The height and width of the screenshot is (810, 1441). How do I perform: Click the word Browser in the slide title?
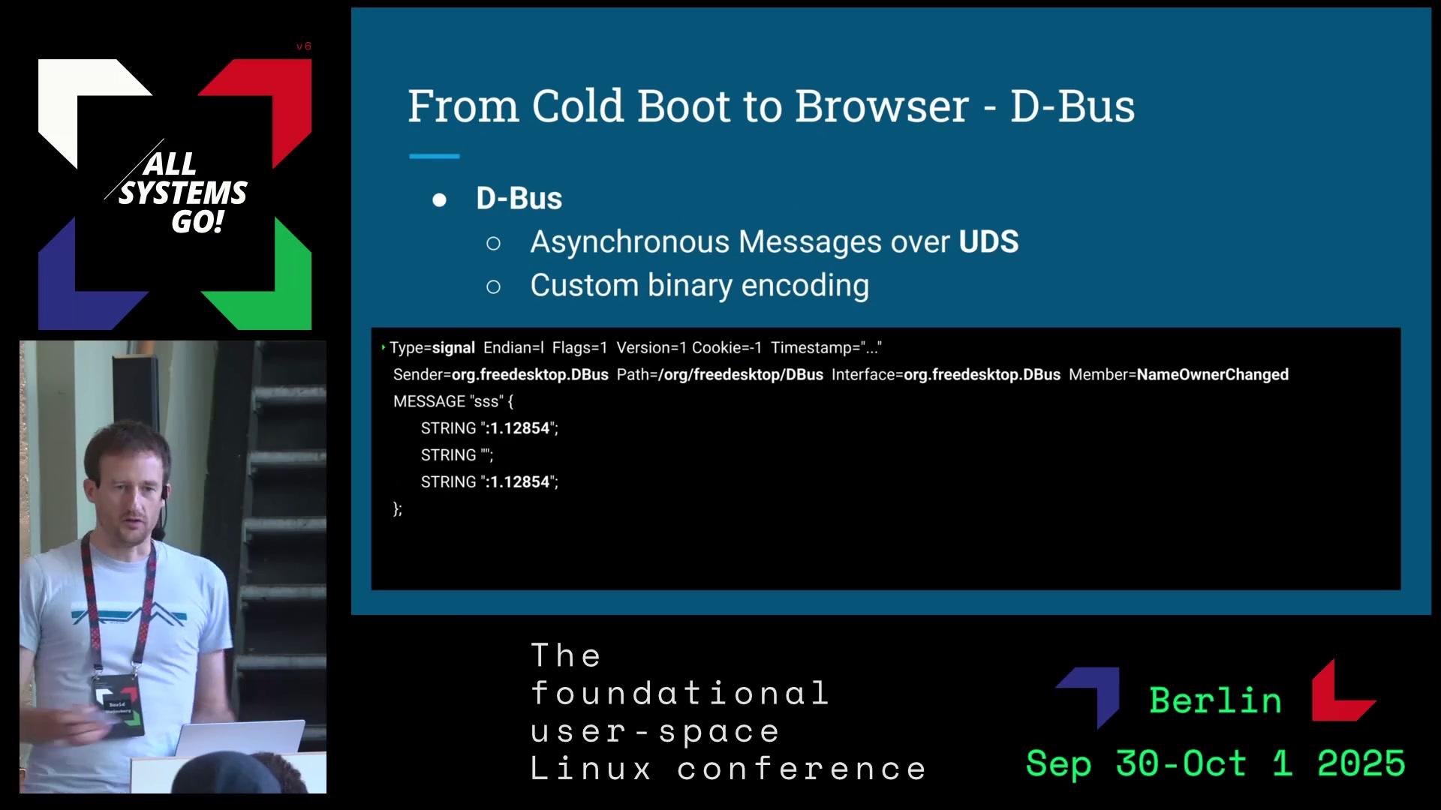[x=882, y=106]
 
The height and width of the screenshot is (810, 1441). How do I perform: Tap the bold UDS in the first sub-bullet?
[x=988, y=241]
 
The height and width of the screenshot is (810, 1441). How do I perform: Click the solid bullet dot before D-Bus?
[x=440, y=199]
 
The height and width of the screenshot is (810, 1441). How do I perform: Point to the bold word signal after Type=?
[x=453, y=347]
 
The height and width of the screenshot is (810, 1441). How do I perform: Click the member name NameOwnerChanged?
[x=1212, y=374]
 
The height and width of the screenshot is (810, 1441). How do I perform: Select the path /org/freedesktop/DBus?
[x=740, y=374]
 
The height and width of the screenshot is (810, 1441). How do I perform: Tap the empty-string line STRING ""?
[x=457, y=454]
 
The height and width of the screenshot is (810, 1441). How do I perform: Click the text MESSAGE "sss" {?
[x=453, y=401]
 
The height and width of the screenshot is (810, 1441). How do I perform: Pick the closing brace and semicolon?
[x=398, y=508]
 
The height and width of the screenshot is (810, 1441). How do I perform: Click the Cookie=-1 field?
[x=727, y=347]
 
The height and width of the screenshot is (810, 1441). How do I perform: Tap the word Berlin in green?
[x=1215, y=700]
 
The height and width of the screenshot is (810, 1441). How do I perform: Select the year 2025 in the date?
[x=1361, y=763]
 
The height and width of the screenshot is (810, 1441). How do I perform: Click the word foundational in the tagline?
[x=679, y=693]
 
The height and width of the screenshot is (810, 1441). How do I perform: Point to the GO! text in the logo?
[x=198, y=221]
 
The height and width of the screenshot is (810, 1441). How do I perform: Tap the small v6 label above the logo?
[x=304, y=46]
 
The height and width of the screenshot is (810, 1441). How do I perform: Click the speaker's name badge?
[x=117, y=704]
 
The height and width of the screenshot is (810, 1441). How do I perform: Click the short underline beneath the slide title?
[x=434, y=156]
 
